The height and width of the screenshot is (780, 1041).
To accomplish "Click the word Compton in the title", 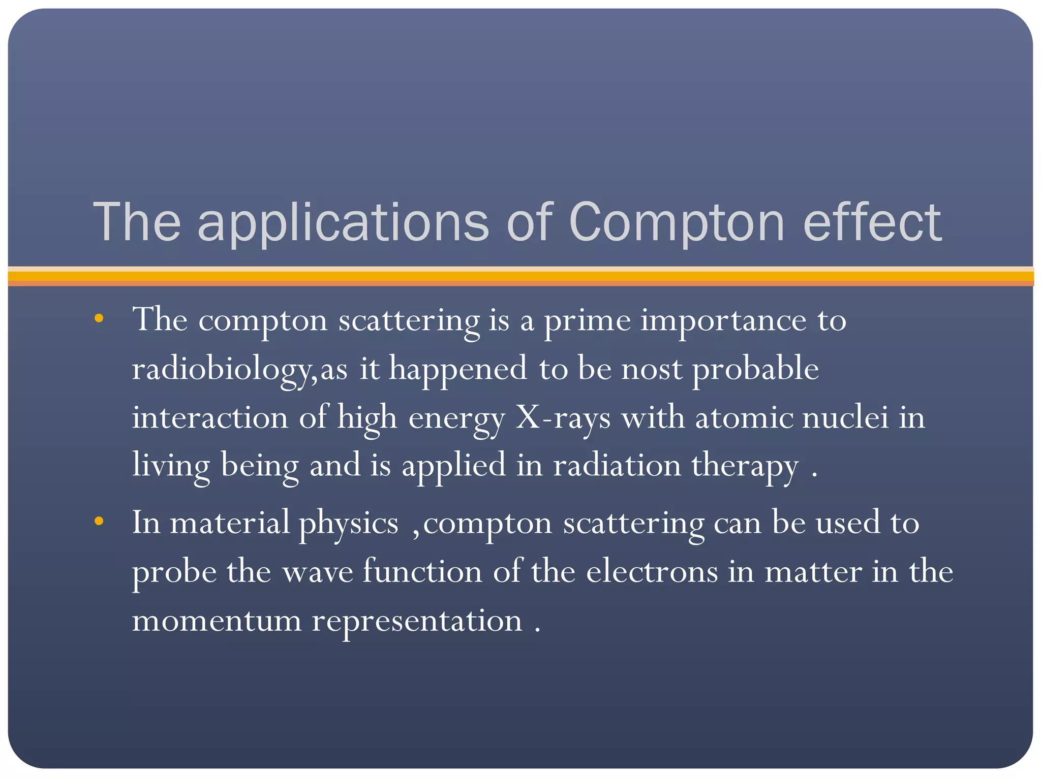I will tap(677, 222).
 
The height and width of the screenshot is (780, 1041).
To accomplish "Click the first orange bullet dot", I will tap(99, 319).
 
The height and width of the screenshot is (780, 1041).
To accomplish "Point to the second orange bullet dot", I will tap(99, 521).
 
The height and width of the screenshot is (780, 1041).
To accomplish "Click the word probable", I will tap(756, 369).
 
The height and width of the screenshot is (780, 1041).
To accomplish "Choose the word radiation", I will tap(617, 465).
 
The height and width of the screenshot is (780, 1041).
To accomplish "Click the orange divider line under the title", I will tap(520, 276).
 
